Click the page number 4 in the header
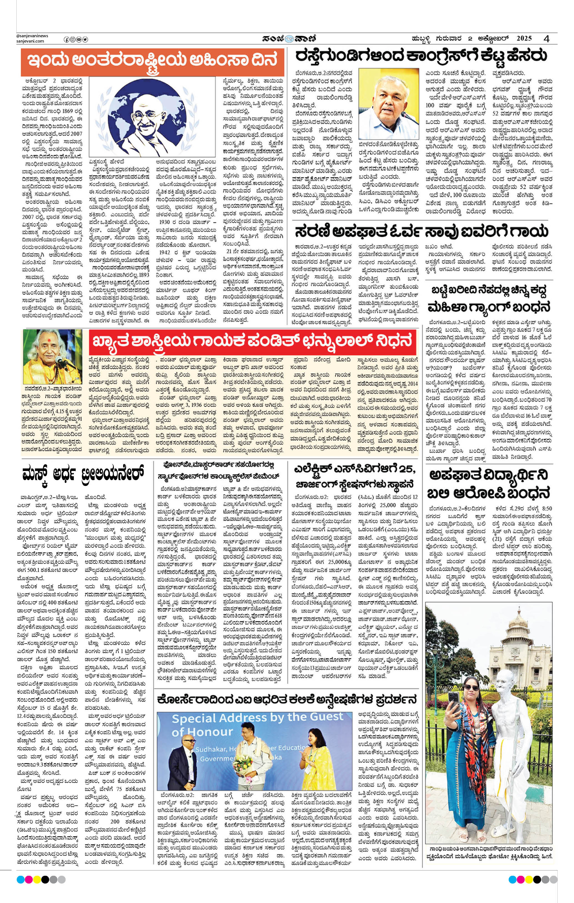pos(547,39)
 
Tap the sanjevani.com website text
pos(30,41)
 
